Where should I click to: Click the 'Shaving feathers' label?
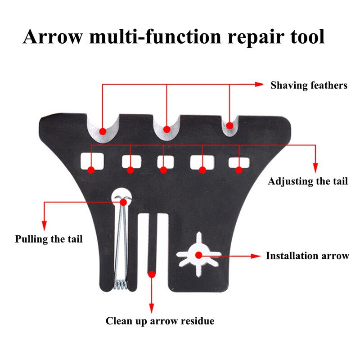tap(309, 85)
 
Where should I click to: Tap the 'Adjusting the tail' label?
tap(308, 181)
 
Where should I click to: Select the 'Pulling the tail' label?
tap(49, 239)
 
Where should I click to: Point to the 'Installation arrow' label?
tap(307, 256)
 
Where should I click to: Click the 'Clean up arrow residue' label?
tap(160, 321)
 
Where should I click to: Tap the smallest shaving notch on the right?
tap(229, 124)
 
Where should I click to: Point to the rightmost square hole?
tap(237, 162)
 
